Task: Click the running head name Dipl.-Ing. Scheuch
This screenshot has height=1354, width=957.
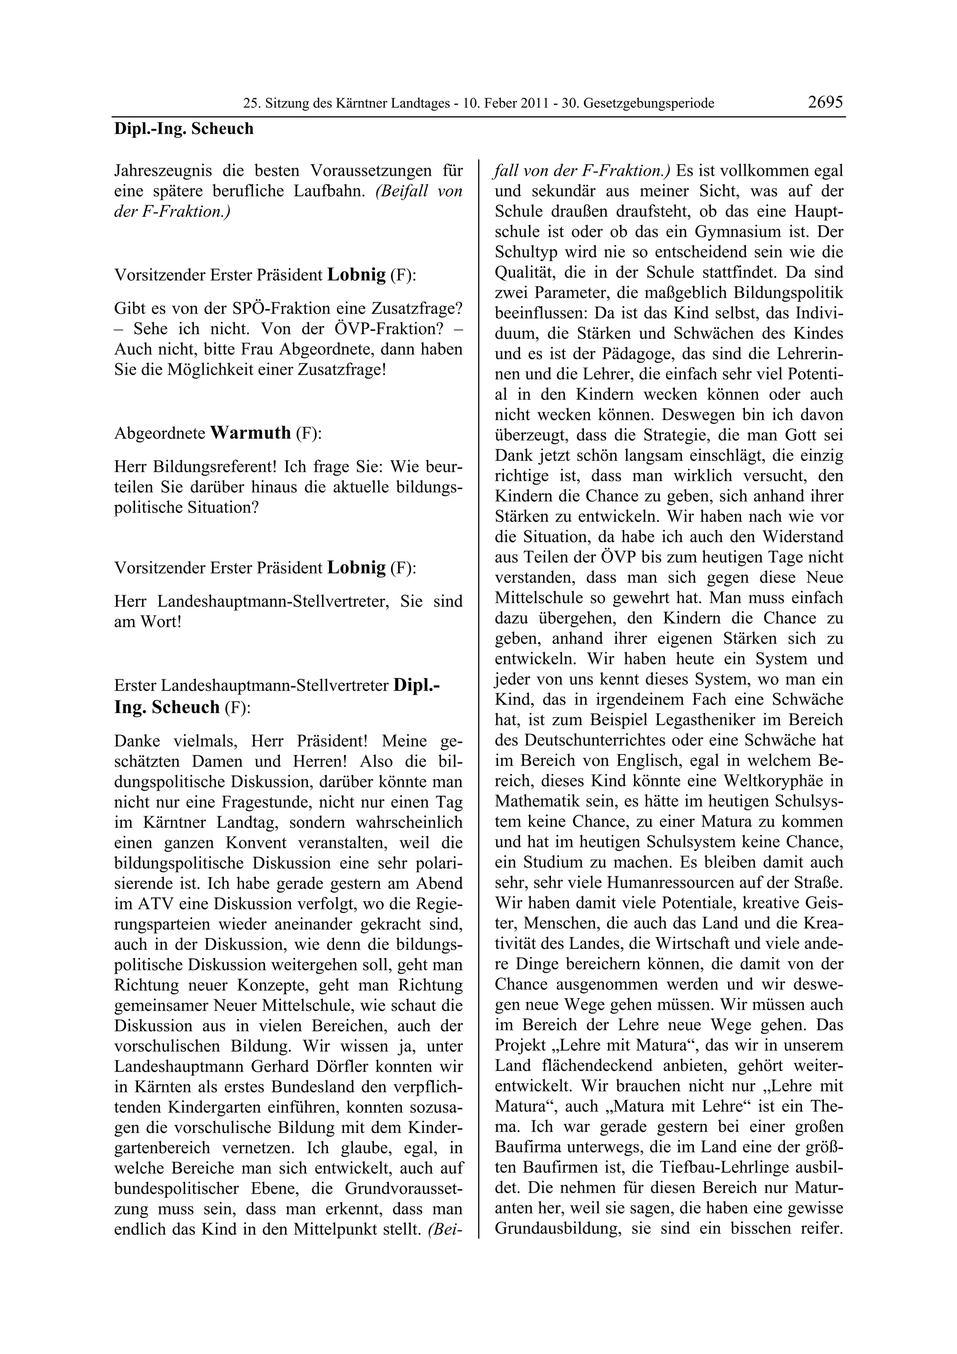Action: click(x=183, y=128)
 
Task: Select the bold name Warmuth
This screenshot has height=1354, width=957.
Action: click(x=250, y=433)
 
